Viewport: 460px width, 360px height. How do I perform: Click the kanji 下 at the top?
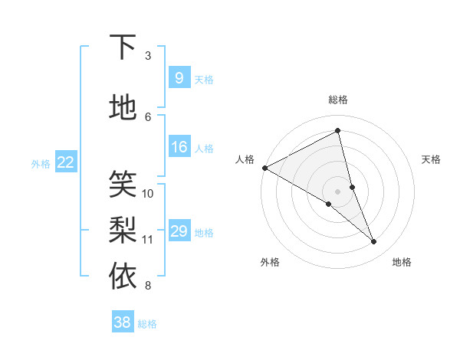123,47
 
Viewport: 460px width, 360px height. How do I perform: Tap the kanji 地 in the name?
123,108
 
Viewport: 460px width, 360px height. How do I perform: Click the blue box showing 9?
179,78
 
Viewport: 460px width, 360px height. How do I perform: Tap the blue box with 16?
179,147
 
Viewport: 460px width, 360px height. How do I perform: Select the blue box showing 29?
179,231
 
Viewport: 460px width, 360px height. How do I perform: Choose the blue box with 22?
66,162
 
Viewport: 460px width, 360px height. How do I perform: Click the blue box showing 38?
123,322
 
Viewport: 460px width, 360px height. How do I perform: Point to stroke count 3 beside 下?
148,55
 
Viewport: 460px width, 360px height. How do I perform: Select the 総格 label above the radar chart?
338,100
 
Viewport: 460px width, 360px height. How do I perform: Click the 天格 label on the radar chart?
432,159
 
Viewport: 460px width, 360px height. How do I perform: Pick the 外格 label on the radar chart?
270,262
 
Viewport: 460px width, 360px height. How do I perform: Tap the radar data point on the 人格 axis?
264,168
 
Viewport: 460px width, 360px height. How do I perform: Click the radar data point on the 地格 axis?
374,242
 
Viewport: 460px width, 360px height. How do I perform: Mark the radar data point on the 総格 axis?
338,131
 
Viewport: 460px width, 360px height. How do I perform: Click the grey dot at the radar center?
338,191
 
